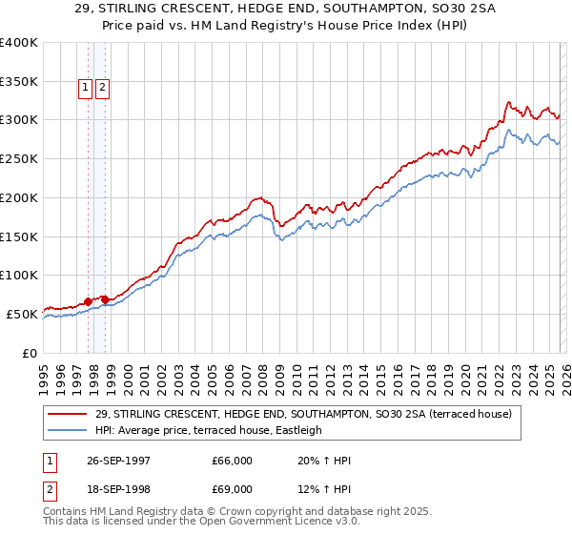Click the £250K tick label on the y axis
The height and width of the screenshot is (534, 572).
pyautogui.click(x=18, y=159)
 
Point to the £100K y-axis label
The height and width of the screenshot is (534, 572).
pyautogui.click(x=18, y=276)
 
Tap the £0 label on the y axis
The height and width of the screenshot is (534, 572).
pyautogui.click(x=30, y=353)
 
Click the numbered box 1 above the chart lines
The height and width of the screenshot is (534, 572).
pyautogui.click(x=85, y=89)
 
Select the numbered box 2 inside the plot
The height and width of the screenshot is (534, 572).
pyautogui.click(x=102, y=89)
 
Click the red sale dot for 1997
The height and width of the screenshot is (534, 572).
pyautogui.click(x=89, y=301)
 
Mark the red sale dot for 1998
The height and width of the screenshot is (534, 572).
pyautogui.click(x=105, y=299)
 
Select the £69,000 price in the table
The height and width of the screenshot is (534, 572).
pyautogui.click(x=233, y=491)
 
